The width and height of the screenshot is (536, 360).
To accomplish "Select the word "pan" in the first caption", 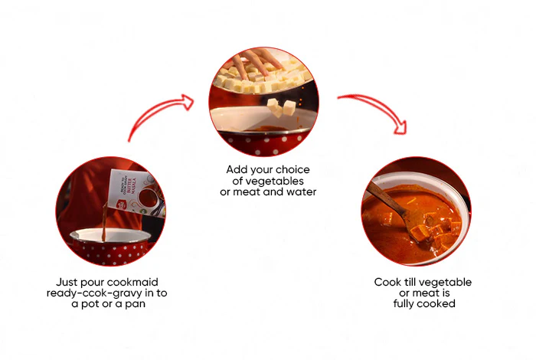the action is point(135,304).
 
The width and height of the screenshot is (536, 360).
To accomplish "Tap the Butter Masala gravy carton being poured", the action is point(137,192).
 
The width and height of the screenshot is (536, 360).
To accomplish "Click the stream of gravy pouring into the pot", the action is point(104,221).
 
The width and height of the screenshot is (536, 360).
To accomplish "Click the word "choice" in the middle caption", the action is point(293,169).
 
